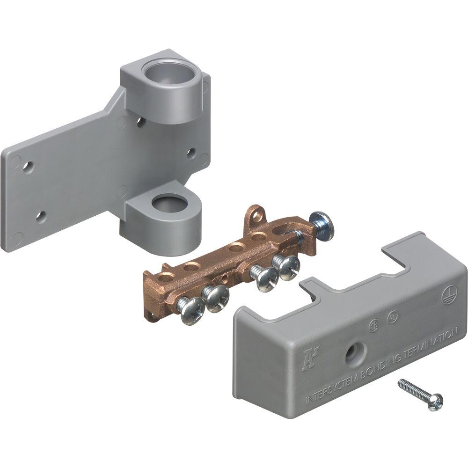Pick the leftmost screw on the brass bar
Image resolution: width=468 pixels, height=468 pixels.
[190, 310]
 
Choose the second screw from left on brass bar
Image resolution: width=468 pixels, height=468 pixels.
[217, 298]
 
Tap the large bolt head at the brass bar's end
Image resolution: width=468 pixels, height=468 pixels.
[322, 225]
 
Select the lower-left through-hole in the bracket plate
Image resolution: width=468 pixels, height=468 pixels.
[41, 216]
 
